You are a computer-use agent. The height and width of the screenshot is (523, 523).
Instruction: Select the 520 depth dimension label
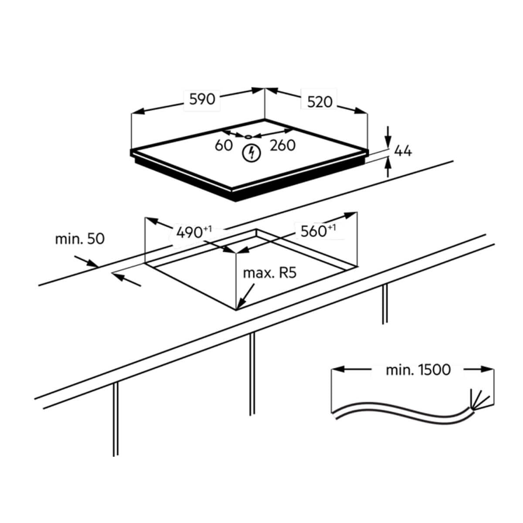tap(319, 102)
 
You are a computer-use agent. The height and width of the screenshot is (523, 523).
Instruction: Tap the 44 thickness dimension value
tap(403, 151)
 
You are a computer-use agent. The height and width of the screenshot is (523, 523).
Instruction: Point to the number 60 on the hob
tap(224, 145)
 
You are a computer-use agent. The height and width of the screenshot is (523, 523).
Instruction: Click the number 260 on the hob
tap(282, 146)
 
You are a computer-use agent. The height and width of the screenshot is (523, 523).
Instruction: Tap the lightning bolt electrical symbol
tap(251, 153)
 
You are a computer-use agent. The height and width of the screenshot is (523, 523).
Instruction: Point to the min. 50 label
tap(80, 239)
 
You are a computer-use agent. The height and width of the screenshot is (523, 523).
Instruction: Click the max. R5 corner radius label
tap(269, 273)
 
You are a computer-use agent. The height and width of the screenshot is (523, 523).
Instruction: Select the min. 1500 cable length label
tap(418, 370)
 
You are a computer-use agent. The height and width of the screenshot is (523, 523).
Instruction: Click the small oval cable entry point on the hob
tap(248, 137)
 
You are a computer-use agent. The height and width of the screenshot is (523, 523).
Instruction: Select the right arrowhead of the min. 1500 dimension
tap(487, 370)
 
